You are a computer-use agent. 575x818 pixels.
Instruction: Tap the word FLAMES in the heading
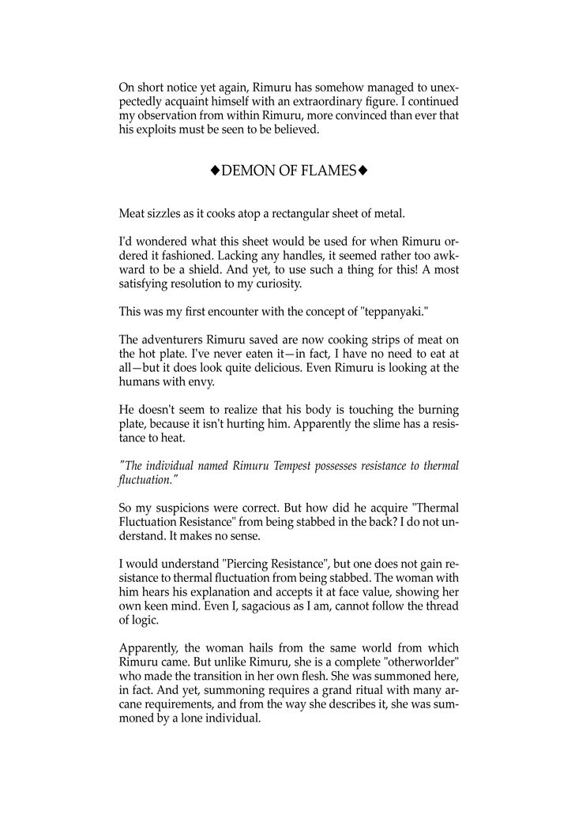pyautogui.click(x=325, y=171)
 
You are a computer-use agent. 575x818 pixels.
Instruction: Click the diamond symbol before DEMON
pyautogui.click(x=214, y=171)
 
